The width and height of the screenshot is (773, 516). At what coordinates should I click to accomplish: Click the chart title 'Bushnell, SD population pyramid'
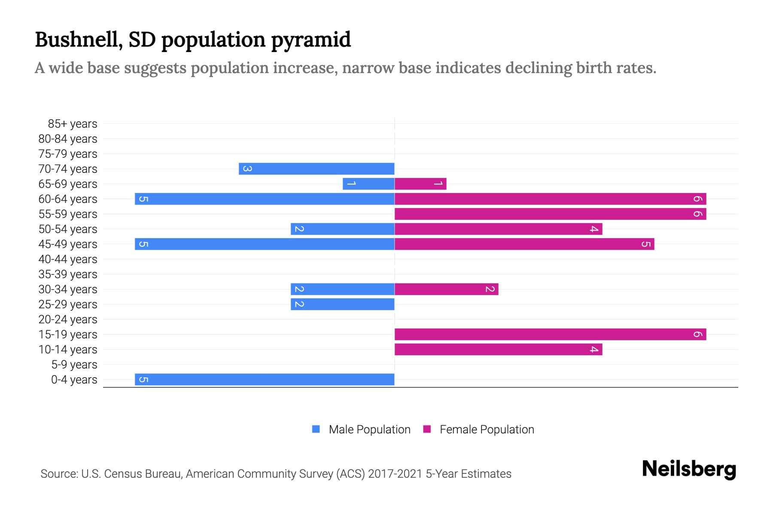[193, 40]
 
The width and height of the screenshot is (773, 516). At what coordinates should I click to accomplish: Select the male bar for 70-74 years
[317, 169]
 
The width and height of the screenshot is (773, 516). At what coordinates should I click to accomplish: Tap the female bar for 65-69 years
[420, 184]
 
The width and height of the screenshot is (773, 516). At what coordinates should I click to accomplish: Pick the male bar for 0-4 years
[265, 380]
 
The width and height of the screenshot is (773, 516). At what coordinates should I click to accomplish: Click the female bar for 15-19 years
[550, 335]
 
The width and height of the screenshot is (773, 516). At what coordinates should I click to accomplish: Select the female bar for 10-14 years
[498, 350]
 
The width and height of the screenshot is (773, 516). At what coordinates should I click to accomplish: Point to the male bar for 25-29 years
[342, 304]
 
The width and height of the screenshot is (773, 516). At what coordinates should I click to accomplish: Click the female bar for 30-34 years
[446, 289]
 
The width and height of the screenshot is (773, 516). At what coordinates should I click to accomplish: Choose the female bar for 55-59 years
[550, 214]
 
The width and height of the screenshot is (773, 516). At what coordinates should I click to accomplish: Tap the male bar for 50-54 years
[342, 229]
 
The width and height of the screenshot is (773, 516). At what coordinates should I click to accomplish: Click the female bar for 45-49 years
[524, 244]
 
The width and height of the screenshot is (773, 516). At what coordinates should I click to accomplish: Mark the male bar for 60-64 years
[265, 199]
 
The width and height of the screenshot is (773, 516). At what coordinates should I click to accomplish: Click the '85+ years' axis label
[72, 124]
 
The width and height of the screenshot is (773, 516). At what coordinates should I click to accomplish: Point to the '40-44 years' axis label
[68, 259]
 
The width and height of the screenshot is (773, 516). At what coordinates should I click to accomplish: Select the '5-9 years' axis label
[74, 365]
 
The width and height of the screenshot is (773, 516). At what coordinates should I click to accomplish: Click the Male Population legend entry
[369, 430]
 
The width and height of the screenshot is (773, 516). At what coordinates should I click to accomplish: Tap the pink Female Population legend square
[427, 429]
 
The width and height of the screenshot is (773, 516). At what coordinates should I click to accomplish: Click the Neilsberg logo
[689, 469]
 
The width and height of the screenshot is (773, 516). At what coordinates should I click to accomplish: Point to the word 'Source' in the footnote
[59, 474]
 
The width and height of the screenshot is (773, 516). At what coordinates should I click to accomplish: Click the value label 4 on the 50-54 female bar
[594, 229]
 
